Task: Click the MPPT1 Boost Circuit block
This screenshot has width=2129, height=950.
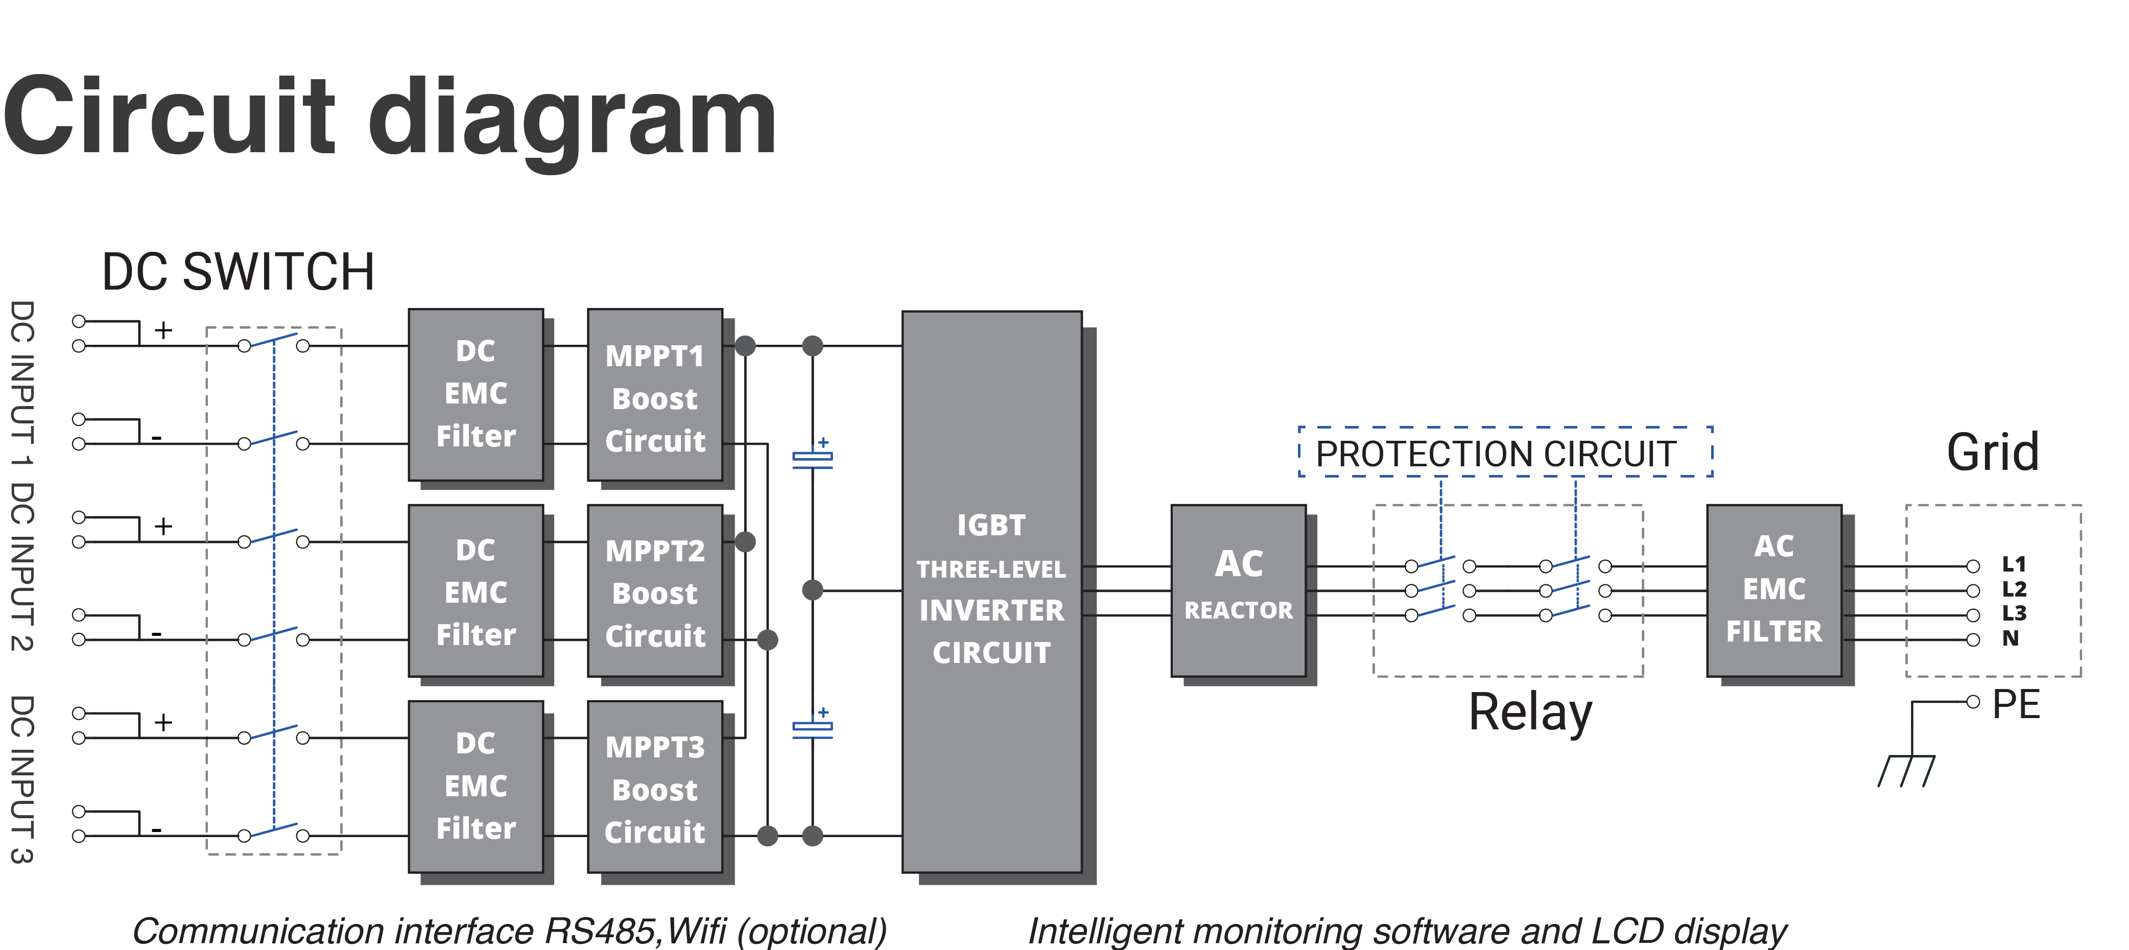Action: (654, 396)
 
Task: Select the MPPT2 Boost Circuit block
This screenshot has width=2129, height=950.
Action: (654, 591)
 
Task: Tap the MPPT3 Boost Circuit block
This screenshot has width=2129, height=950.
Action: (654, 787)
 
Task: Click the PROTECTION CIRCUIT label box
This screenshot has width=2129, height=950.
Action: (1504, 453)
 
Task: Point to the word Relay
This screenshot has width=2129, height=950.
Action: (1530, 712)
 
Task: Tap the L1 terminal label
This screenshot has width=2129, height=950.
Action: (2013, 565)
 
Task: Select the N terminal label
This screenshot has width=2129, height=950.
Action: (2010, 638)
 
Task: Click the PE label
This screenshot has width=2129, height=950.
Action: (2016, 705)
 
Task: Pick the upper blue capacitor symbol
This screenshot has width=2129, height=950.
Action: (813, 459)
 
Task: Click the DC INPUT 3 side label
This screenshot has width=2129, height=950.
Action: (22, 779)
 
